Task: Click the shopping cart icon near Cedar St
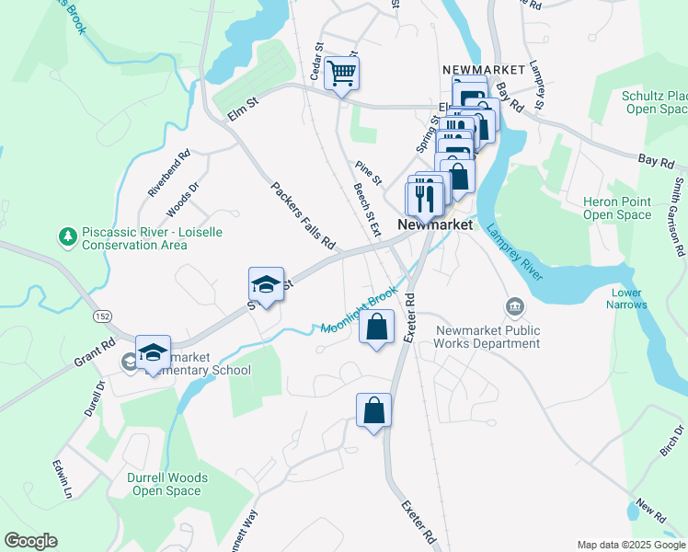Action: point(341,73)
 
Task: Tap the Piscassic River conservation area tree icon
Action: point(67,237)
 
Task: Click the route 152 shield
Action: point(102,316)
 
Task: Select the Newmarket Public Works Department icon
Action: point(513,305)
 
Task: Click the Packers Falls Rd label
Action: point(303,217)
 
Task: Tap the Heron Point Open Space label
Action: point(616,208)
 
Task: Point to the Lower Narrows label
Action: point(629,298)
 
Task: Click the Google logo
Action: point(30,541)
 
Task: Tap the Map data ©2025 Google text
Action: point(630,545)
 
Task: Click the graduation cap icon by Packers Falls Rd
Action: point(265,284)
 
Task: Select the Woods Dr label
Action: point(183,200)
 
